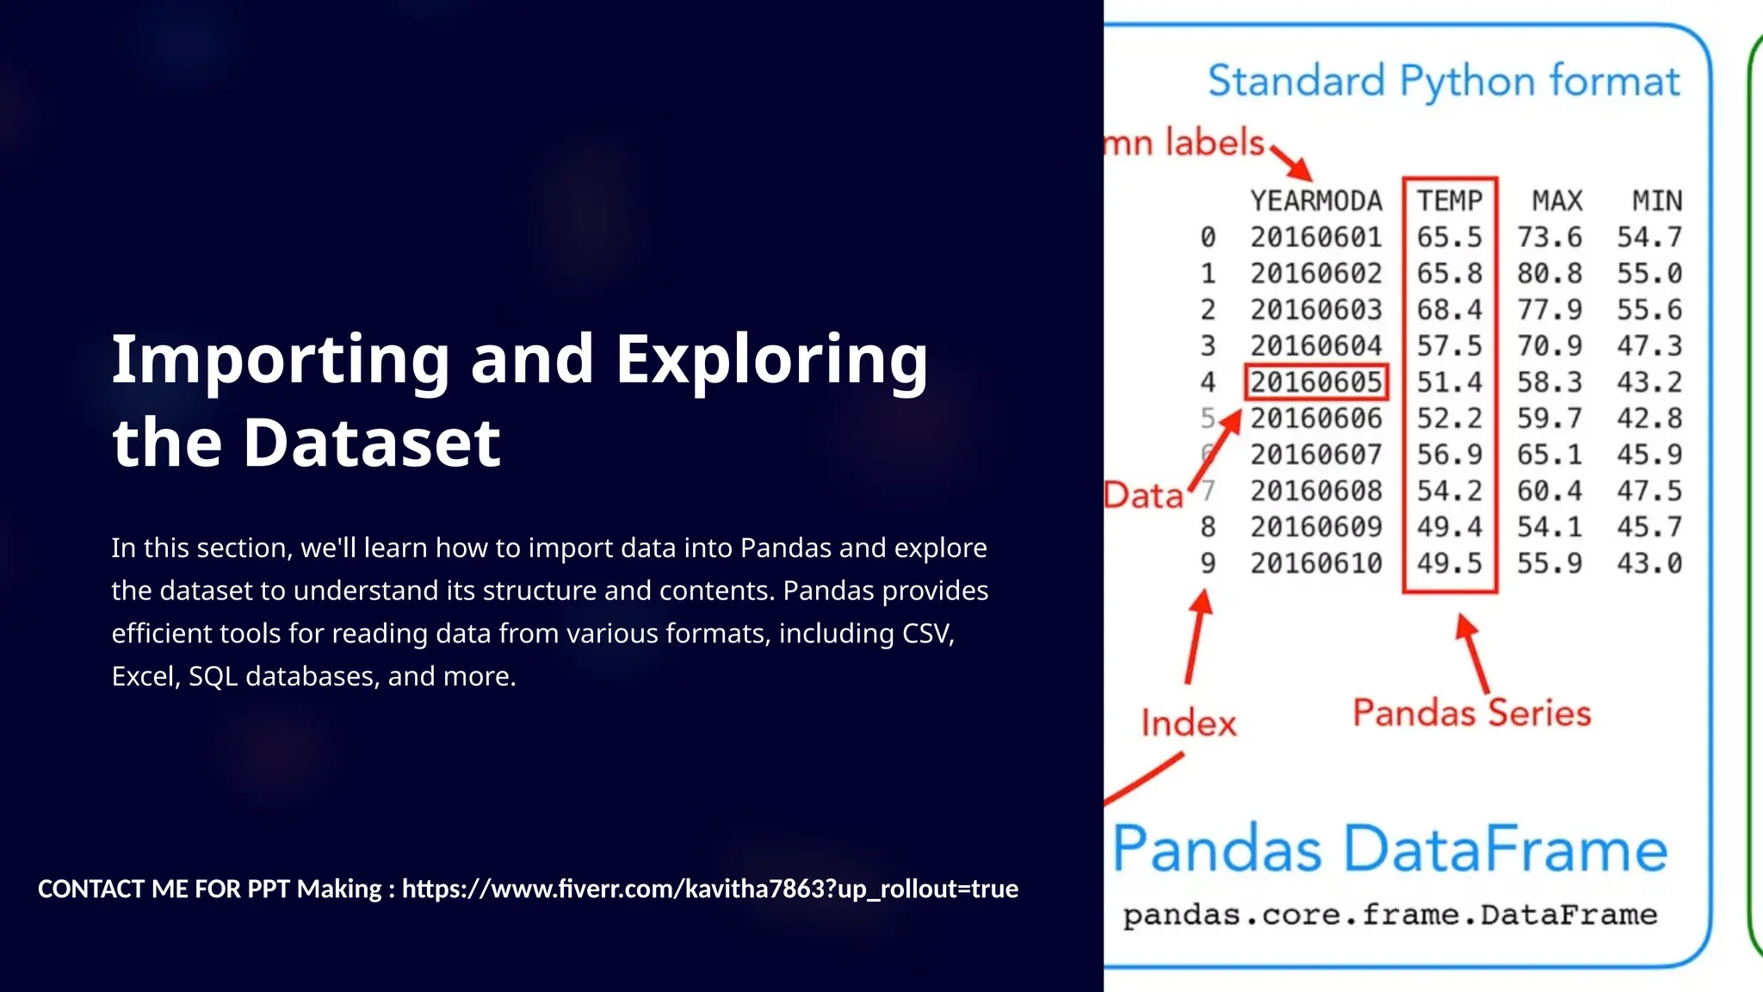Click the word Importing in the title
pyautogui.click(x=281, y=360)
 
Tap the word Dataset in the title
pyautogui.click(x=371, y=443)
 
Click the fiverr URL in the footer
pyautogui.click(x=710, y=889)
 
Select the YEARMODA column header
pyautogui.click(x=1315, y=201)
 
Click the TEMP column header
pyautogui.click(x=1450, y=201)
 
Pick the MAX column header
pyautogui.click(x=1556, y=201)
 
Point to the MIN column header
pyautogui.click(x=1657, y=201)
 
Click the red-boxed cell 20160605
pyautogui.click(x=1315, y=381)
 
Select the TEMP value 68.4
pyautogui.click(x=1450, y=309)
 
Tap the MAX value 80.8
pyautogui.click(x=1550, y=273)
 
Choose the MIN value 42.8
pyautogui.click(x=1649, y=418)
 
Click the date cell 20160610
pyautogui.click(x=1315, y=563)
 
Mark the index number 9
pyautogui.click(x=1208, y=563)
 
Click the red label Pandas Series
pyautogui.click(x=1471, y=713)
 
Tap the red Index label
pyautogui.click(x=1189, y=723)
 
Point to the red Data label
pyautogui.click(x=1144, y=495)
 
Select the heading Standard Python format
pyautogui.click(x=1444, y=82)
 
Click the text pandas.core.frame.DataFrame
pyautogui.click(x=1389, y=914)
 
